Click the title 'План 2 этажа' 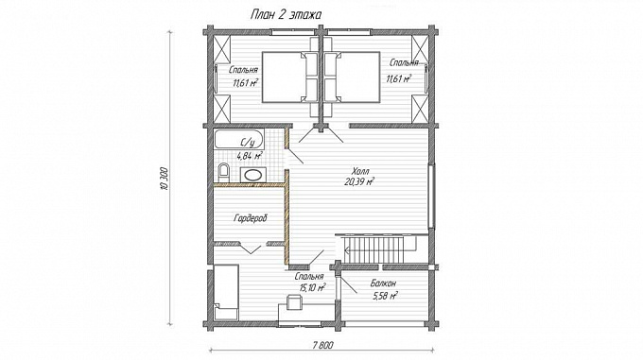click(286, 15)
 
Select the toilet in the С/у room click(223, 173)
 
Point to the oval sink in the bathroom click(252, 175)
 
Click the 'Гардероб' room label click(251, 218)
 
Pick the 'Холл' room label click(360, 171)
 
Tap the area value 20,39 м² click(359, 181)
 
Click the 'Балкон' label click(383, 283)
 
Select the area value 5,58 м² click(385, 296)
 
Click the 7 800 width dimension click(321, 345)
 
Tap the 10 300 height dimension click(165, 180)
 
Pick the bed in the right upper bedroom click(352, 77)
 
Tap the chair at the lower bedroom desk click(294, 301)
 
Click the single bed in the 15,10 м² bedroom click(226, 292)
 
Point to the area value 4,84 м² click(250, 156)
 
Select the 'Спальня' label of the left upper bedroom click(243, 70)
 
